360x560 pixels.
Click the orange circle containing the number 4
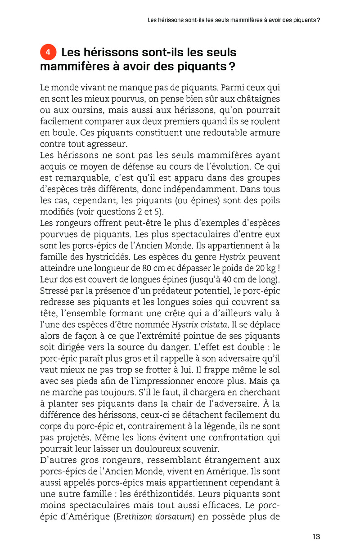[48, 53]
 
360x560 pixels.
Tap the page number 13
[316, 536]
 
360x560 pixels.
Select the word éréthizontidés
[171, 494]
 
